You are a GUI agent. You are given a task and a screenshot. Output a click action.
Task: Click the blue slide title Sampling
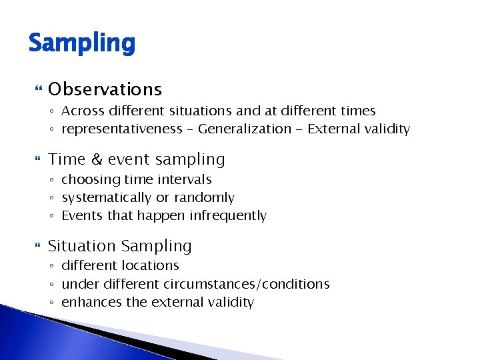click(x=81, y=44)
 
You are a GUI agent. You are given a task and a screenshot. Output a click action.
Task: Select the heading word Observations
click(x=105, y=89)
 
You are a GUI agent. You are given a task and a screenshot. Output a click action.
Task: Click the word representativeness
click(x=121, y=129)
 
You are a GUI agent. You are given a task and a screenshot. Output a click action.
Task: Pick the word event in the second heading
click(x=129, y=159)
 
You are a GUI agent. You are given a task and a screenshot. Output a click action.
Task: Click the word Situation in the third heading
click(x=80, y=246)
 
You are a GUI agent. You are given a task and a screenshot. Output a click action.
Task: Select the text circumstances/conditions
click(x=247, y=284)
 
